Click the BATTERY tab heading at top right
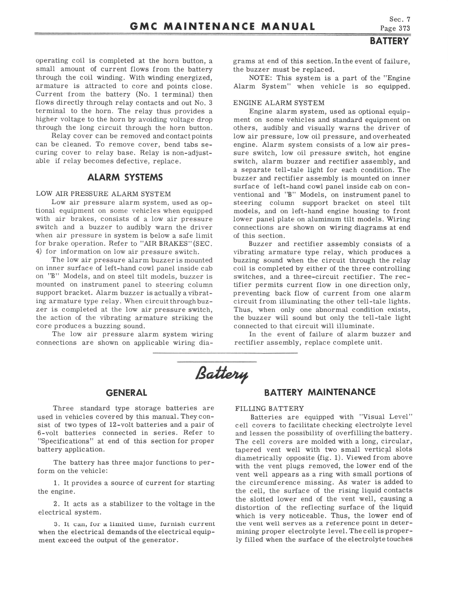(389, 41)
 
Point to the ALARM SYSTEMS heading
(125, 177)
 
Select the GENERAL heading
(126, 393)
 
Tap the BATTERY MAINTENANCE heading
(319, 392)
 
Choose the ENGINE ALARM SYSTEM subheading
(279, 103)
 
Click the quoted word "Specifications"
(64, 441)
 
